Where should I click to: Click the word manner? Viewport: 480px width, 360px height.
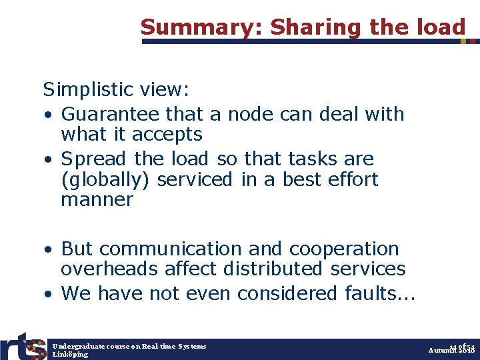tap(97, 200)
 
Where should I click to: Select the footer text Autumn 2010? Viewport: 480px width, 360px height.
tap(451, 351)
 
